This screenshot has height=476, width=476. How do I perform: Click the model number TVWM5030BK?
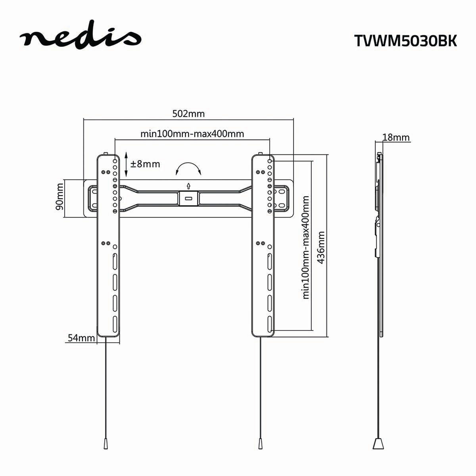[x=405, y=41]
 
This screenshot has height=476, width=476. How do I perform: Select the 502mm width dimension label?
[x=188, y=114]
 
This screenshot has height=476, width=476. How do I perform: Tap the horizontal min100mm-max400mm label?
[x=192, y=133]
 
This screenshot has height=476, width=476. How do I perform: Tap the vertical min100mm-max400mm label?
[x=306, y=247]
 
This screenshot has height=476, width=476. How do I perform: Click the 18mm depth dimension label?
[x=395, y=138]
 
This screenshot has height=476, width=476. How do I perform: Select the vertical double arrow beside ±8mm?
[x=126, y=164]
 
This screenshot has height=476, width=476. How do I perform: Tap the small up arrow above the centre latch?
[x=188, y=185]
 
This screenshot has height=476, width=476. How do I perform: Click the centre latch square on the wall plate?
[x=188, y=198]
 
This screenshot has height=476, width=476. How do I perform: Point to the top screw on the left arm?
[x=106, y=154]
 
